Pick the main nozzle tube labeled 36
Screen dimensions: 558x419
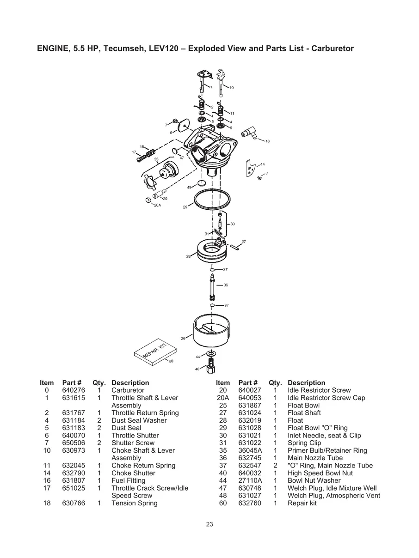212,286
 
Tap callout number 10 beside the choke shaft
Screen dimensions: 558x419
231,87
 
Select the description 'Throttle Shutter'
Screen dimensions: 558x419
135,435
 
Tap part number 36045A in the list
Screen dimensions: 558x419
249,450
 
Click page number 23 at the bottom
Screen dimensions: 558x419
209,524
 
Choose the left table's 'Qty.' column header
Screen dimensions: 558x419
99,382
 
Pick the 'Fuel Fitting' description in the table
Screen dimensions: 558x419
128,480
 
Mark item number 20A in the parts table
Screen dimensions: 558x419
222,398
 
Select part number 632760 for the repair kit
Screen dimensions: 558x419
249,503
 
